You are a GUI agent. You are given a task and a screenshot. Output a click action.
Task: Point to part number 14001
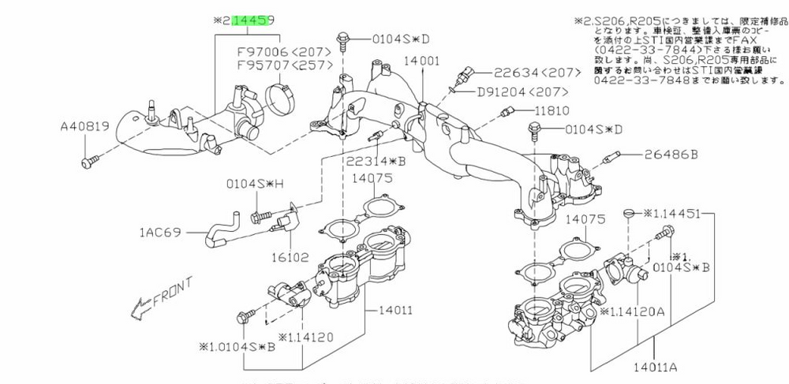coord(421,60)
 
